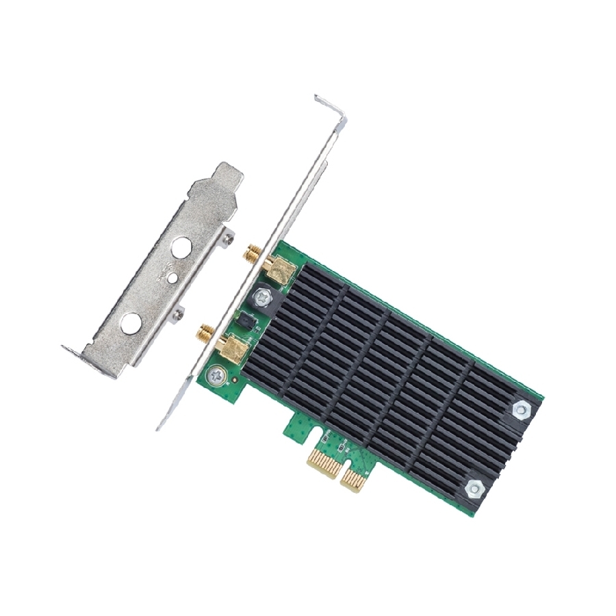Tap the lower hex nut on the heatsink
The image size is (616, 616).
pyautogui.click(x=474, y=488)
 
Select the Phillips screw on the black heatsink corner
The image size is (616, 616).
pyautogui.click(x=262, y=296)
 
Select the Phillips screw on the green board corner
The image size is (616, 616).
pyautogui.click(x=217, y=374)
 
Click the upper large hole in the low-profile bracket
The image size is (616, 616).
pyautogui.click(x=181, y=246)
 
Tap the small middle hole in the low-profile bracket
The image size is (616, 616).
pyautogui.click(x=172, y=277)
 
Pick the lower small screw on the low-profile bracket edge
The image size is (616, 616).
pyautogui.click(x=179, y=314)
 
